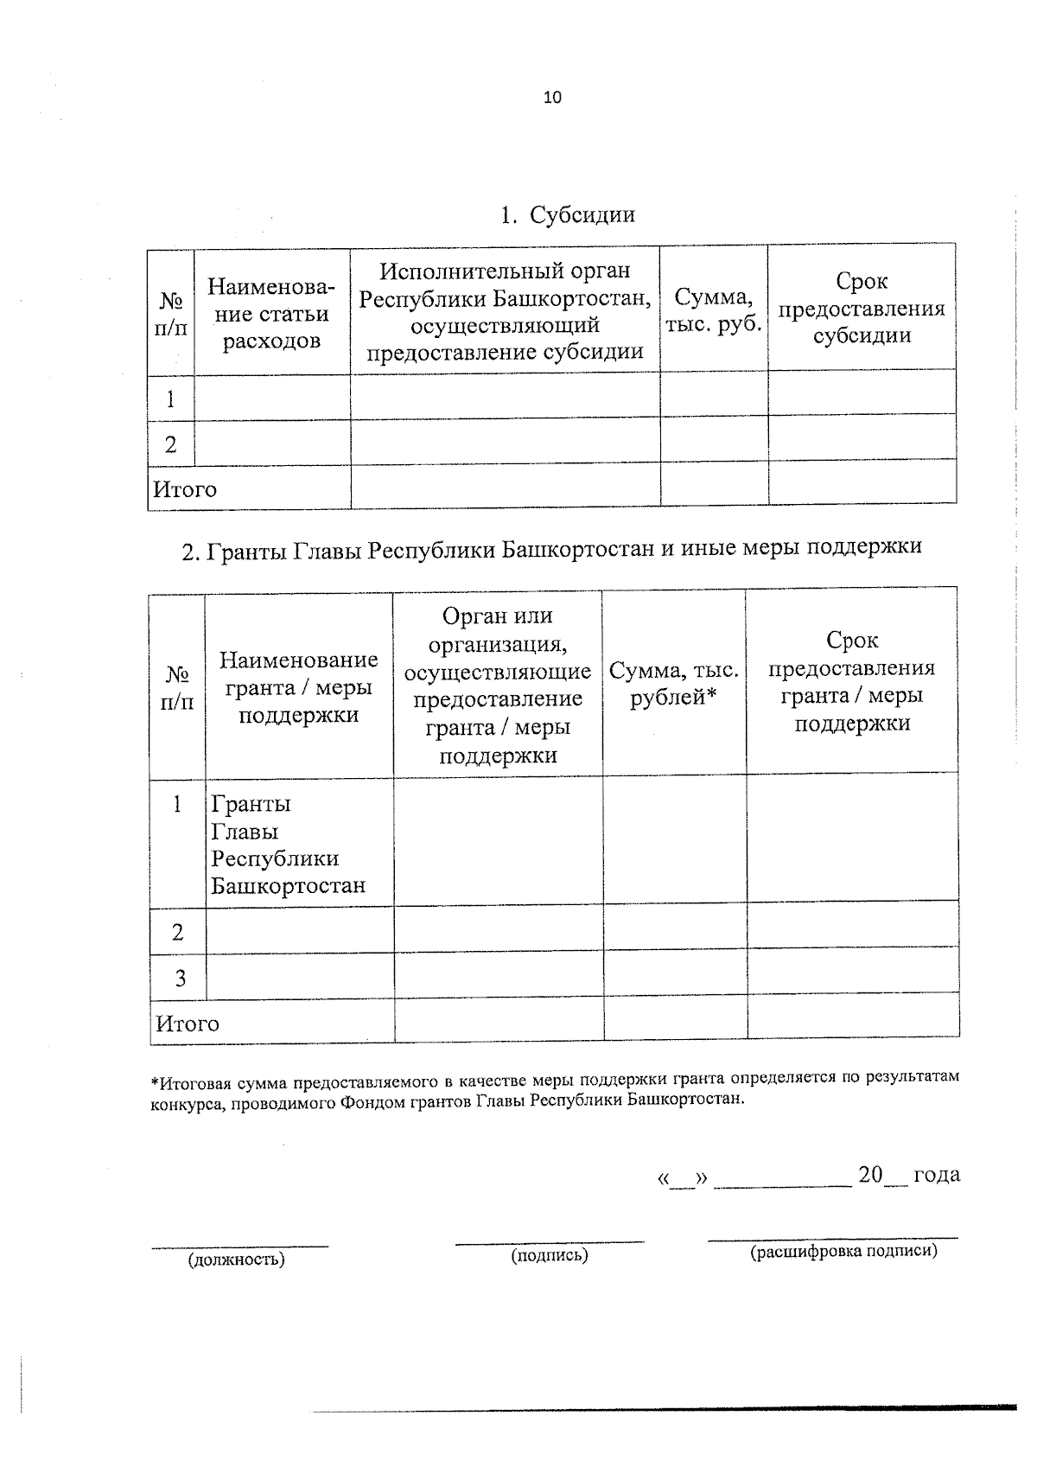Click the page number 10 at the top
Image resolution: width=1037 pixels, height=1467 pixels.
click(552, 98)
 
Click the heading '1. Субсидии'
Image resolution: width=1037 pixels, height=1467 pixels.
click(568, 215)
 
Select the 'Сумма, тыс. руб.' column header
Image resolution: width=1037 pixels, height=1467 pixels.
click(713, 309)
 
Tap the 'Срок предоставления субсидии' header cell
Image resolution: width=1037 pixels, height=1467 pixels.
click(862, 309)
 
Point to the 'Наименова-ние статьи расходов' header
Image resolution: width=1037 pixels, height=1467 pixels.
click(271, 314)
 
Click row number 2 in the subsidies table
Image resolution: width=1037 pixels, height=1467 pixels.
click(170, 444)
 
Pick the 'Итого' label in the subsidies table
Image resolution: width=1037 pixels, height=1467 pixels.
click(185, 489)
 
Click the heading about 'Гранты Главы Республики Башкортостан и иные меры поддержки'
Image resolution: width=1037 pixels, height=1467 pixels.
click(551, 548)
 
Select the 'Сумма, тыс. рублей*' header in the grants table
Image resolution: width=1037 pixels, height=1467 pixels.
click(674, 684)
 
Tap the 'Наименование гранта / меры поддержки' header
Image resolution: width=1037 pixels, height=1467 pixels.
click(298, 687)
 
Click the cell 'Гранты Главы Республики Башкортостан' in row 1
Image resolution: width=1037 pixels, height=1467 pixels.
click(288, 845)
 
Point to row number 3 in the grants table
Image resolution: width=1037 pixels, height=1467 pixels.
click(180, 978)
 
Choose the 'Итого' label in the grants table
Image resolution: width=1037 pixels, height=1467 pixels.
click(188, 1024)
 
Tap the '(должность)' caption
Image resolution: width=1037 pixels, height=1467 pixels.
click(237, 1260)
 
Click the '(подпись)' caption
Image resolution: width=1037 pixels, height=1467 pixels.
click(550, 1255)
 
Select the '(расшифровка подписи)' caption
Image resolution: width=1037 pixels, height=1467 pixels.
click(843, 1251)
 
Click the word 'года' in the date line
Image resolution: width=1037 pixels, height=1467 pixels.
click(936, 1175)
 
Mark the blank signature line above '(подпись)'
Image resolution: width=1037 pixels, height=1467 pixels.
click(550, 1241)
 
